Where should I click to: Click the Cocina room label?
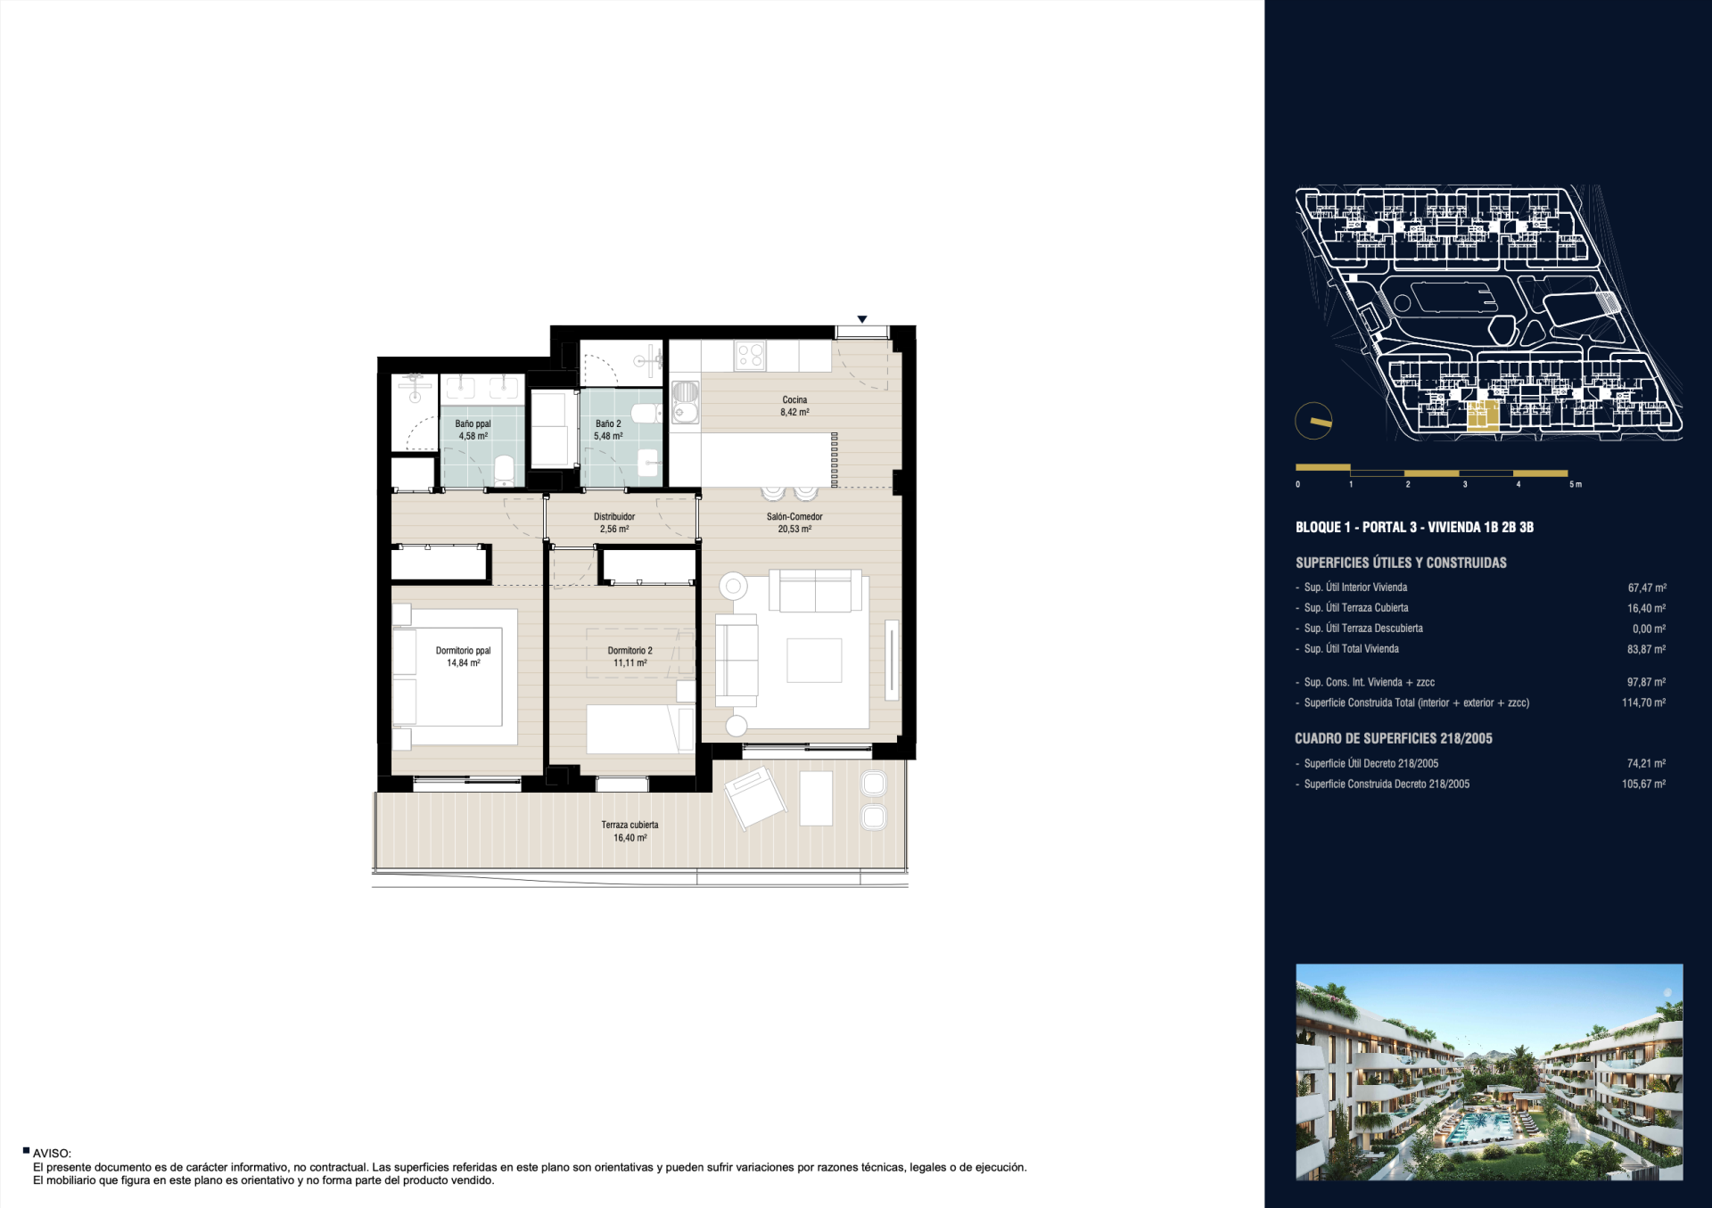coord(794,400)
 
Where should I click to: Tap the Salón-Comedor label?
coord(794,517)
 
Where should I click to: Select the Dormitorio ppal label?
coord(463,651)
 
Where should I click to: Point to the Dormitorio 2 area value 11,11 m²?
coord(630,663)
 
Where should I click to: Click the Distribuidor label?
coord(614,517)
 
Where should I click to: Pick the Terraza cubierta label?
coord(630,825)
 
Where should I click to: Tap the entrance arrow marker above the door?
coord(862,319)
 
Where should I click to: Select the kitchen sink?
coord(686,402)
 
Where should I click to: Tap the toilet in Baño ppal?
coord(504,471)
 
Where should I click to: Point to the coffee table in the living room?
coord(814,661)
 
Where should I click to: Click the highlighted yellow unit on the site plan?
coord(1483,416)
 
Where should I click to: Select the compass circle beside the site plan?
coord(1313,422)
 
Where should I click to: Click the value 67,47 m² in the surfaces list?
coord(1646,588)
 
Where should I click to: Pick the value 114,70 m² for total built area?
coord(1643,703)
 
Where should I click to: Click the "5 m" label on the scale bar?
coord(1576,485)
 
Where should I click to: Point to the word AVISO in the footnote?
coord(52,1154)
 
